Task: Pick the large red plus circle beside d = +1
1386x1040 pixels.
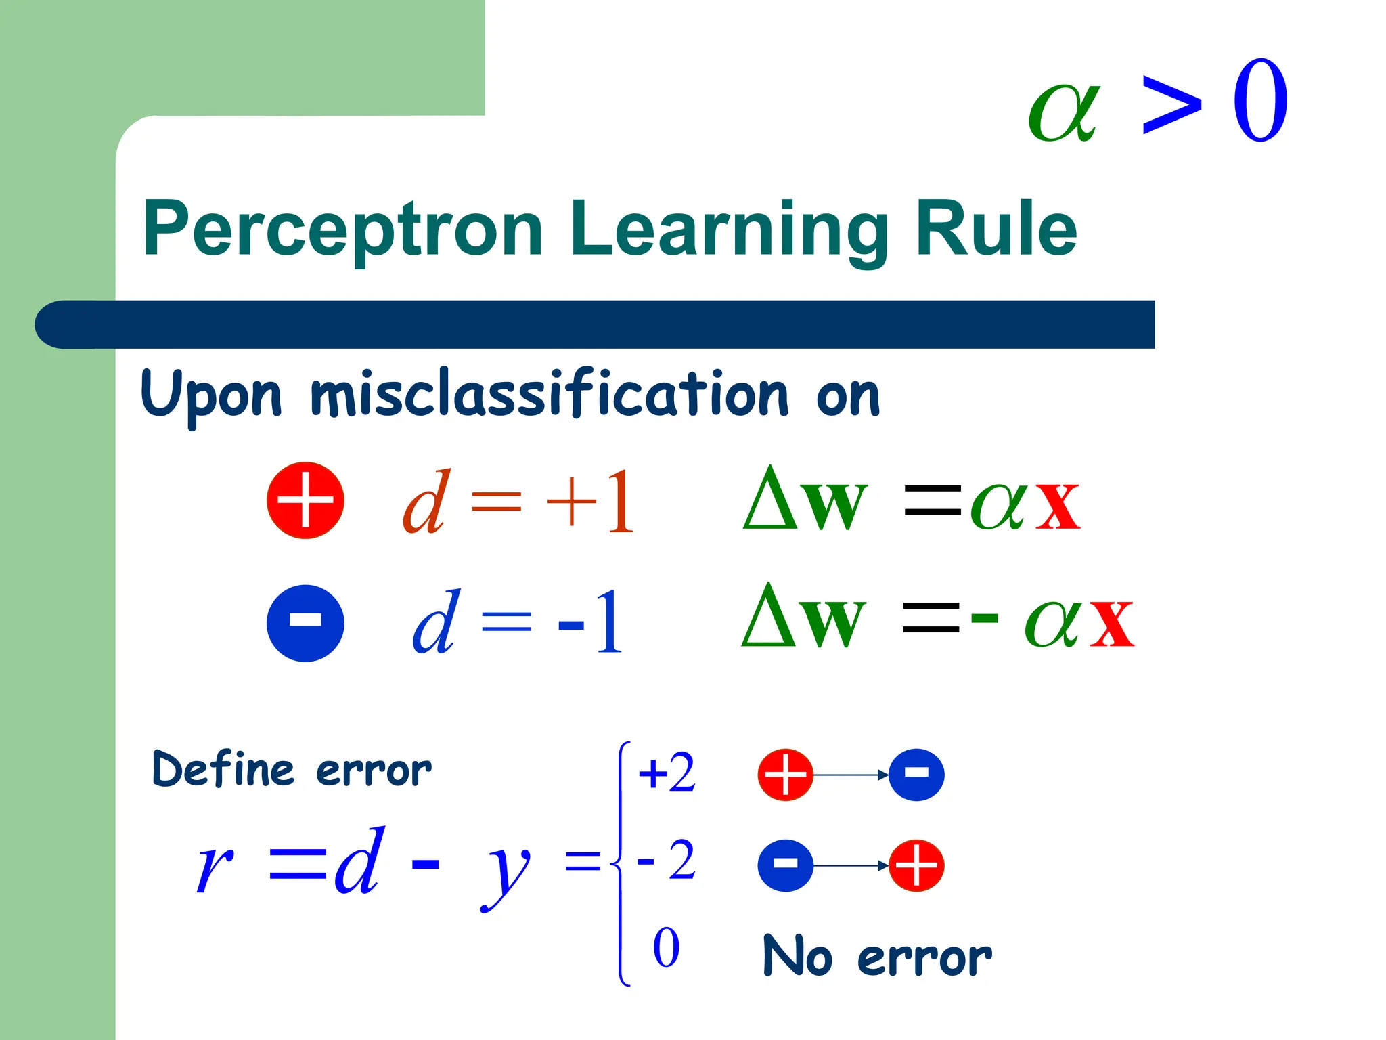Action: click(305, 501)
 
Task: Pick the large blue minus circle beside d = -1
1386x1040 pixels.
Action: click(305, 623)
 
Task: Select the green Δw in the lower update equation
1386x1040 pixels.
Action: click(804, 617)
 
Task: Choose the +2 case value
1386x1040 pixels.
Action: click(667, 773)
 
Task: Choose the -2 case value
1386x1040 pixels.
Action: click(667, 861)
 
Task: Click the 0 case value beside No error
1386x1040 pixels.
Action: click(666, 948)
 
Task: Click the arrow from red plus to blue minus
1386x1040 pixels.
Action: click(851, 775)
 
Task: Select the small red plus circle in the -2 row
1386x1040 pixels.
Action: click(916, 865)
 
